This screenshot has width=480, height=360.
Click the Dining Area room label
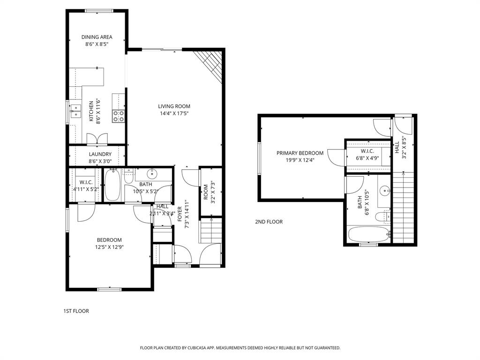97,37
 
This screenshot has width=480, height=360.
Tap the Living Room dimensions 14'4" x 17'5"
174,113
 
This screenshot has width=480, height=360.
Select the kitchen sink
75,112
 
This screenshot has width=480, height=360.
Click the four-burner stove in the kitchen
118,116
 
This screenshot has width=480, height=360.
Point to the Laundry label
100,154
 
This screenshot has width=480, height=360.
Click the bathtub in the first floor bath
112,185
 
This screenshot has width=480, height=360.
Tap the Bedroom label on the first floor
109,240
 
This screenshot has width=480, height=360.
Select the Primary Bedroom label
300,153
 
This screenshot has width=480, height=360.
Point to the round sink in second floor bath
385,191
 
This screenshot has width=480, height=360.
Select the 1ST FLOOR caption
76,311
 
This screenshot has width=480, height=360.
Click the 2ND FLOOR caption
269,222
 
